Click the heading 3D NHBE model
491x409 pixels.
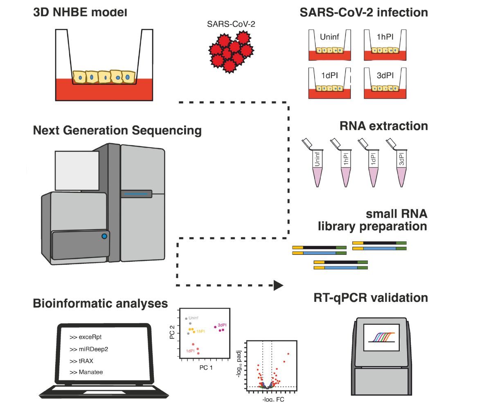click(80, 12)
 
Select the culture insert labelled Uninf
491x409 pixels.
click(329, 45)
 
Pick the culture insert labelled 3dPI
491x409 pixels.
click(385, 82)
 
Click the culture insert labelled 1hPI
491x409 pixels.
click(385, 45)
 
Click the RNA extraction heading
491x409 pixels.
click(384, 126)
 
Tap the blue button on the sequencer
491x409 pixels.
click(104, 236)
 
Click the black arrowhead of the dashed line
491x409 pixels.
click(278, 285)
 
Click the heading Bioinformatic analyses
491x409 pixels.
click(100, 304)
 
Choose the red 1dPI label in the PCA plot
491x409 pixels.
click(190, 351)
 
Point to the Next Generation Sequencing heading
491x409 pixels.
click(117, 130)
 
